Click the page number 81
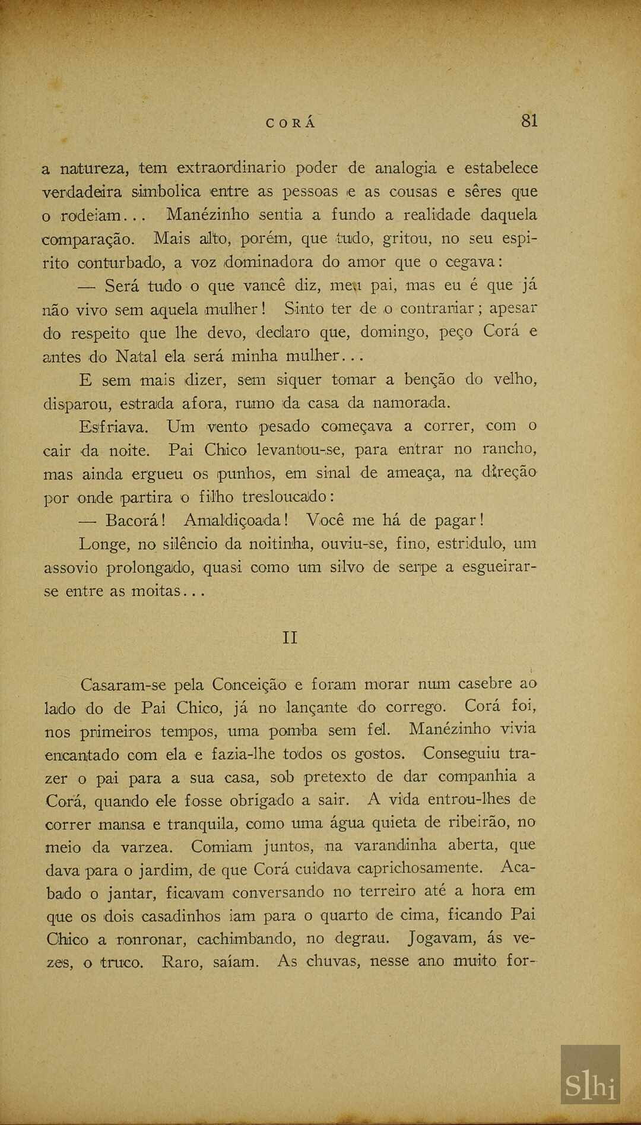529,121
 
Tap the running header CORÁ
291,123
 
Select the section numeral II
290,638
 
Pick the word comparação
89,239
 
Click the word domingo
394,332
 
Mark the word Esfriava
114,427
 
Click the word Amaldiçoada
236,521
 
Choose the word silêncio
189,544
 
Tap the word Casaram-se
123,685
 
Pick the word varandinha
396,845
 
